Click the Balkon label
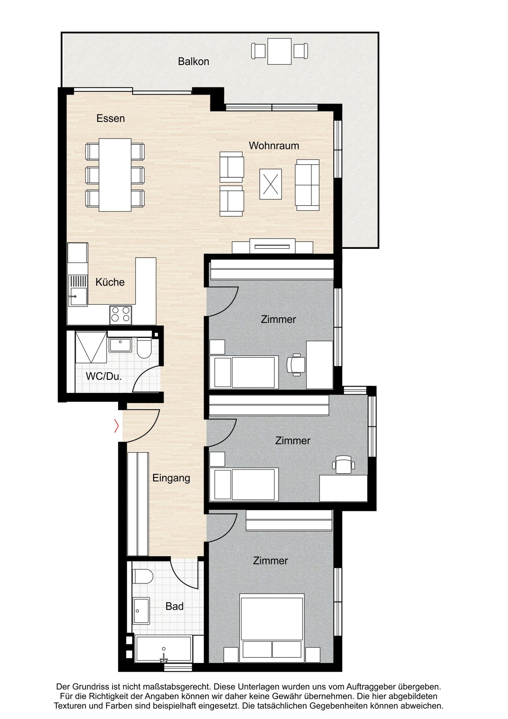tap(193, 61)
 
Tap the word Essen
tap(110, 118)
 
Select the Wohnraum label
tap(274, 145)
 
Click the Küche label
tap(110, 282)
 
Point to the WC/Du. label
tap(104, 376)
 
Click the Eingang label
tap(171, 478)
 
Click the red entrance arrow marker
tap(117, 426)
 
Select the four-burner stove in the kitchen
tap(121, 314)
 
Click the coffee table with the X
tap(271, 184)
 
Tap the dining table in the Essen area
tap(115, 175)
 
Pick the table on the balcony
tap(279, 51)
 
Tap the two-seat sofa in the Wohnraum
tap(307, 185)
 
